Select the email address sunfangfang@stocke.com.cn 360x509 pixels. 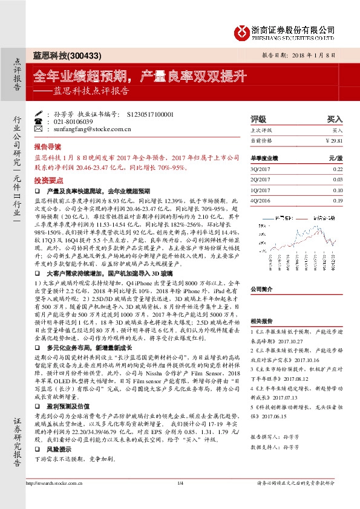coord(88,129)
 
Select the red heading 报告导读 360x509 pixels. coord(47,146)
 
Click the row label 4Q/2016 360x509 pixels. coord(259,200)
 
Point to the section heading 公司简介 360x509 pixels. coord(263,289)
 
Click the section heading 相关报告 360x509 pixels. coord(263,322)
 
